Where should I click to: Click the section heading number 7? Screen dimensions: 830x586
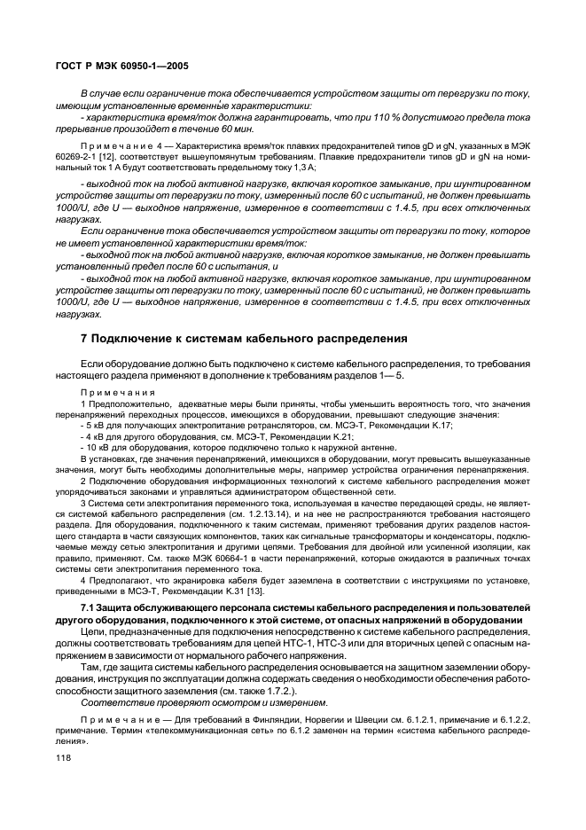[x=84, y=338]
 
